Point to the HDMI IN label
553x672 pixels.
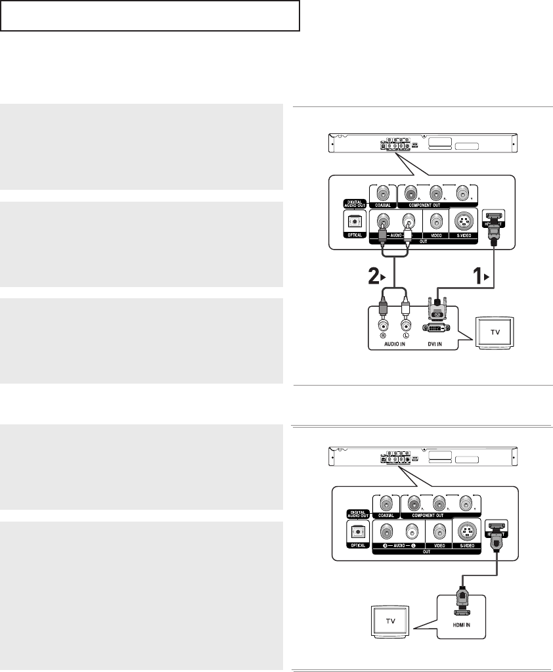click(462, 632)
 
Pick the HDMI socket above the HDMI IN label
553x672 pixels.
click(462, 614)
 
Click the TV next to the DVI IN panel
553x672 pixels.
click(495, 331)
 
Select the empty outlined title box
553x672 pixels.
click(150, 16)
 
